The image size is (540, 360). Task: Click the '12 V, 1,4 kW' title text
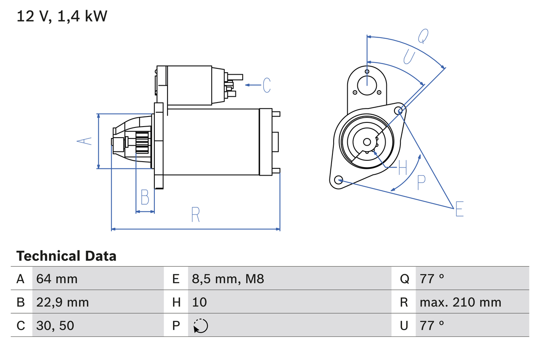click(62, 16)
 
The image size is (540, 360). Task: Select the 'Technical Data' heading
click(66, 256)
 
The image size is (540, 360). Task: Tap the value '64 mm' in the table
click(57, 279)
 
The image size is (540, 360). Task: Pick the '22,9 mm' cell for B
click(62, 302)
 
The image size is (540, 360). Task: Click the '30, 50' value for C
click(55, 325)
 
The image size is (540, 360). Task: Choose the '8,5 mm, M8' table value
click(228, 279)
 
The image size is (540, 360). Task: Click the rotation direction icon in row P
click(200, 326)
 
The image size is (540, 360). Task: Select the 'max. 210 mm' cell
click(460, 302)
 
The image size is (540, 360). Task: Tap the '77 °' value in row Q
click(432, 279)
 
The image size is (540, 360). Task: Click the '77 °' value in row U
click(432, 325)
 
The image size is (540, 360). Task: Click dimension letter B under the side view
click(145, 197)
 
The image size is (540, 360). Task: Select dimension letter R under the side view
click(195, 215)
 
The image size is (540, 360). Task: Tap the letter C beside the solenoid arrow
click(267, 85)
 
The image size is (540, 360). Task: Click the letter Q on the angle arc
click(423, 36)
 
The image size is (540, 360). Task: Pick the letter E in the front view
click(459, 209)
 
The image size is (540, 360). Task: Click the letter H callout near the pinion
click(402, 168)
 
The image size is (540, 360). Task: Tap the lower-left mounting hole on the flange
click(338, 180)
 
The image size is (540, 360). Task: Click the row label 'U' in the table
click(404, 325)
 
